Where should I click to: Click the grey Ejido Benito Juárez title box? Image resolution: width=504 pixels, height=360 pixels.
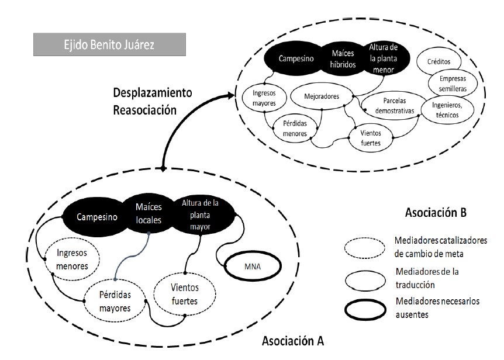(x=109, y=45)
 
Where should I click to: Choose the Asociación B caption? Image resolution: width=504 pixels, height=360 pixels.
(x=436, y=213)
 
